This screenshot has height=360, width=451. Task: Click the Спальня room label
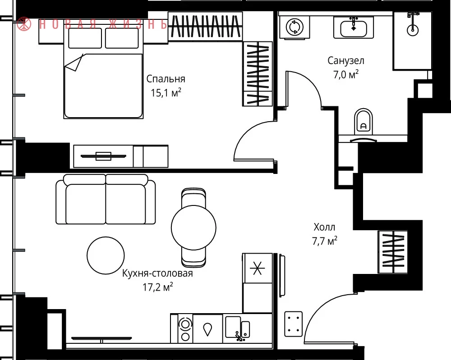click(166, 79)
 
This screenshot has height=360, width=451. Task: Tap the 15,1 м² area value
click(166, 92)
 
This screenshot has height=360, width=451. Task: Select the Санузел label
click(346, 61)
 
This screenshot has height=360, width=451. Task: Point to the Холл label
click(324, 227)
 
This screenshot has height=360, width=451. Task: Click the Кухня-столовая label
click(157, 273)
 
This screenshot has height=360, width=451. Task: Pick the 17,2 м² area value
click(158, 287)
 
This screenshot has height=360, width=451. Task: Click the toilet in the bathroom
click(364, 122)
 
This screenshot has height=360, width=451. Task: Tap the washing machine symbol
click(295, 27)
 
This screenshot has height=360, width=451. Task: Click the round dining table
click(193, 228)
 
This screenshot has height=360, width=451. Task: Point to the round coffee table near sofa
click(106, 255)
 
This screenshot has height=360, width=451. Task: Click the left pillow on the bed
click(85, 38)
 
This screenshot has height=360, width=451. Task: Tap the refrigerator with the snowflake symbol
click(258, 268)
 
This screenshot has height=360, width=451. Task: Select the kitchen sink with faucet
click(238, 328)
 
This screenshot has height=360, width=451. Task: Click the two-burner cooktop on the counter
click(185, 328)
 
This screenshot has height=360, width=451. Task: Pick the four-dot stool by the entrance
click(294, 324)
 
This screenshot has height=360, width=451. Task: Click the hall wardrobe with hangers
click(393, 252)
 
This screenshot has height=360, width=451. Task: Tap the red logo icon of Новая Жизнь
click(24, 24)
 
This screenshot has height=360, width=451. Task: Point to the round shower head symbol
click(413, 30)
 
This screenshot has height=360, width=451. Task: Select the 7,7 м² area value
click(325, 241)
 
